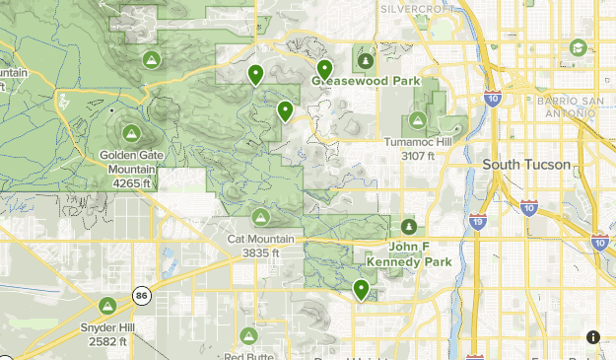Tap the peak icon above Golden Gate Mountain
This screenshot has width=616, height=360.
(130, 132)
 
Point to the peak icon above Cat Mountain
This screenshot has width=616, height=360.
(260, 216)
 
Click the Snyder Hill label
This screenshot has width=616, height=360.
(108, 327)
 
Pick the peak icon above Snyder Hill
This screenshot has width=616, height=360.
(108, 305)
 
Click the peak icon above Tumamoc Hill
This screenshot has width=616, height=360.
(418, 119)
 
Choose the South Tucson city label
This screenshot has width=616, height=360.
(526, 165)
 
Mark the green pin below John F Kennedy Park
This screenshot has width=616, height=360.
(362, 289)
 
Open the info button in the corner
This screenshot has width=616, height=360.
(593, 336)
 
